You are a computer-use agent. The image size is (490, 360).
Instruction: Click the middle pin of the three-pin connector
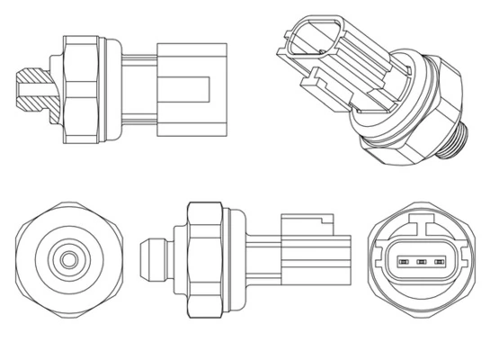pos(419,263)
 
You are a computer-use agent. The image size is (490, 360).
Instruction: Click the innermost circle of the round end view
pos(66,261)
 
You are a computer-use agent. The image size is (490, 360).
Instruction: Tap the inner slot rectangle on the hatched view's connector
pos(190,90)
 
